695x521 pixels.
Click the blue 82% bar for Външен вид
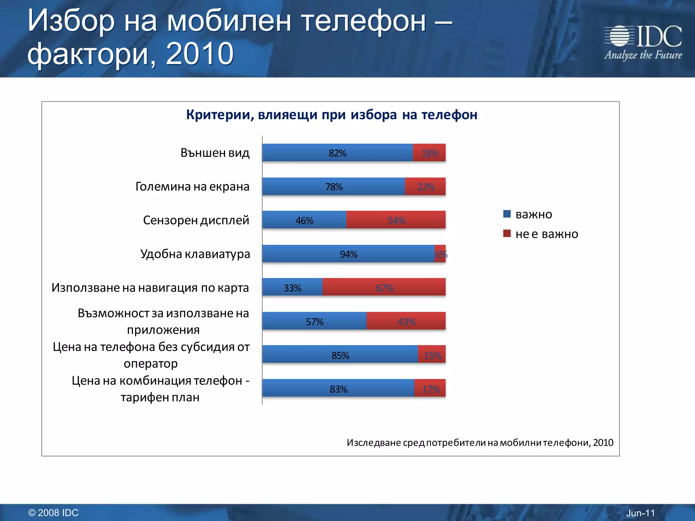tap(337, 153)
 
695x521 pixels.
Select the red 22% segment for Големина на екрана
tap(426, 187)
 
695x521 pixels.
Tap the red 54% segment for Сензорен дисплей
tap(396, 220)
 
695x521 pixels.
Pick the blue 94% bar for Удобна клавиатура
tap(349, 254)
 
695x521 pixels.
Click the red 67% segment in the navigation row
tap(384, 287)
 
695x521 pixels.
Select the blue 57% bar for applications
tap(314, 321)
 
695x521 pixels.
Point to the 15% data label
tap(433, 355)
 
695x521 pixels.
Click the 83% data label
tap(338, 389)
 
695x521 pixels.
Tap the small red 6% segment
tap(440, 254)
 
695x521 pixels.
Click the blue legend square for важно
tap(507, 214)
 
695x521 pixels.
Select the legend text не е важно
tap(546, 234)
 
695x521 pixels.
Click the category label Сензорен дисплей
tap(196, 220)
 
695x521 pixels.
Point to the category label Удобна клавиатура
tap(195, 254)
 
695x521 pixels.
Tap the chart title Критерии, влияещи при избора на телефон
tap(332, 115)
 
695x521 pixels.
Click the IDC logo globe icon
tap(619, 36)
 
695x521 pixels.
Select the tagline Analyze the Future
tap(643, 55)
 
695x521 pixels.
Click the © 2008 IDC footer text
tap(53, 513)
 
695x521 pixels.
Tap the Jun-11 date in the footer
tap(640, 513)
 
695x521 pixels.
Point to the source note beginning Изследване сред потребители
tap(480, 442)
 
